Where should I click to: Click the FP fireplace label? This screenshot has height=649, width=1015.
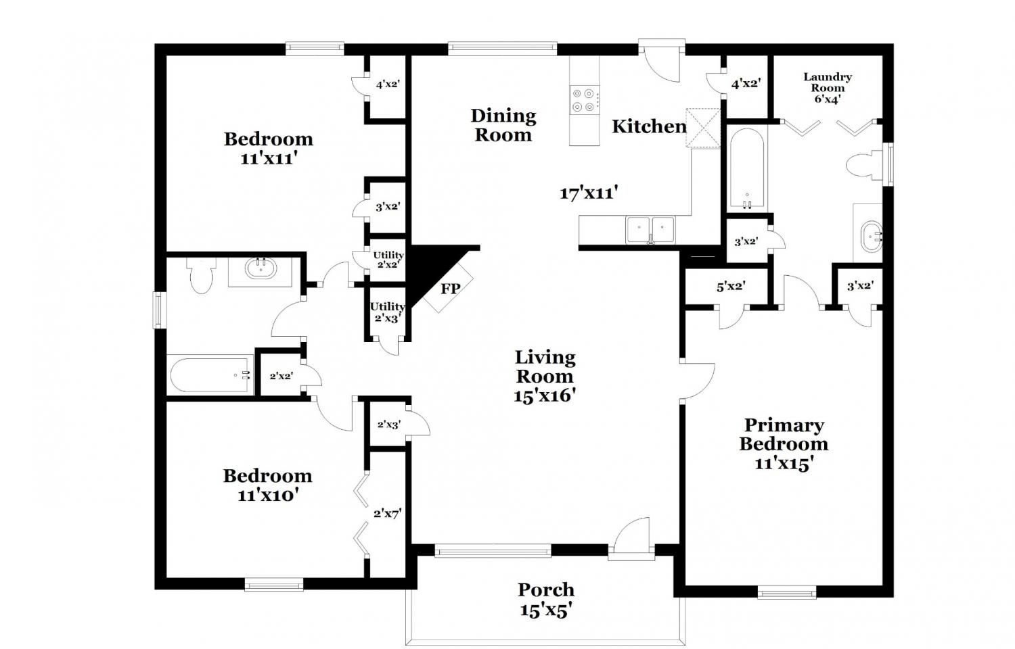pos(451,288)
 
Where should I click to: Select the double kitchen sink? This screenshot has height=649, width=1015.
pos(650,229)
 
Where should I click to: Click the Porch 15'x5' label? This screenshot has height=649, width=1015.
pos(545,600)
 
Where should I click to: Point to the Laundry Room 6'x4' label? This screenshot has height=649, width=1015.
pos(828,89)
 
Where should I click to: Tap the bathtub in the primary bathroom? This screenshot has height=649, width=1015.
pos(747,169)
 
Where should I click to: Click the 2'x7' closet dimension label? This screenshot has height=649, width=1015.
pos(388,513)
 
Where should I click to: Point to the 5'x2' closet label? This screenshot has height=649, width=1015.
pos(731,286)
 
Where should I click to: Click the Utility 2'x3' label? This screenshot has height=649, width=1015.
pos(388,312)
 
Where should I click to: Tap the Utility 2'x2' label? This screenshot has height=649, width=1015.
pos(388,260)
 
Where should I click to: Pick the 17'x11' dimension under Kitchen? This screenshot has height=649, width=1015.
pos(589,193)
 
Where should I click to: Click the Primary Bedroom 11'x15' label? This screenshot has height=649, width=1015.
pos(784,444)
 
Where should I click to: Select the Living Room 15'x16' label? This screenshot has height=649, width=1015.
pos(545,376)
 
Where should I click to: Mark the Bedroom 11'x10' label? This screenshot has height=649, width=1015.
pos(268,485)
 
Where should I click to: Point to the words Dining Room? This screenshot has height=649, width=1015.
pos(503,125)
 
